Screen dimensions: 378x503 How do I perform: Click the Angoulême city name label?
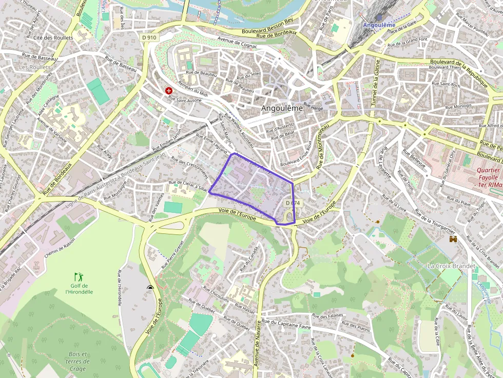pos(282,108)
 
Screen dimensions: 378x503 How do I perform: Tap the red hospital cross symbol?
pos(168,91)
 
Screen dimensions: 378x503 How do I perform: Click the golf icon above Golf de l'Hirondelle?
pos(79,276)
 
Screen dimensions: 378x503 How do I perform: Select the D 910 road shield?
pos(149,37)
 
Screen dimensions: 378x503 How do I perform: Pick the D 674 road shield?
pos(293,203)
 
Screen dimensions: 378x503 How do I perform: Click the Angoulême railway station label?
pos(379,25)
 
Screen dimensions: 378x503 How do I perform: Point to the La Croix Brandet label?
pos(451,266)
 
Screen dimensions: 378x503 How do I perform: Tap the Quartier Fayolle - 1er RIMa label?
pos(488,177)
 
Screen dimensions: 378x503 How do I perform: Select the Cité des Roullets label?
pos(53,37)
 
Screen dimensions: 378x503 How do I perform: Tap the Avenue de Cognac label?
pos(236,42)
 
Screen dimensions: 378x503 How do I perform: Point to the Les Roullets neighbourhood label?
pos(35,67)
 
